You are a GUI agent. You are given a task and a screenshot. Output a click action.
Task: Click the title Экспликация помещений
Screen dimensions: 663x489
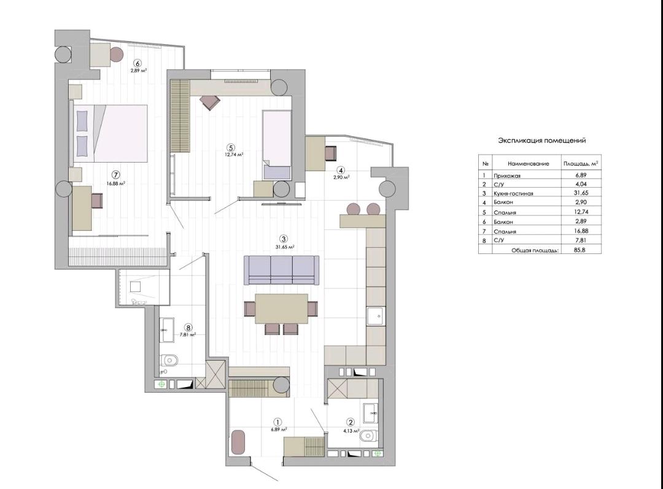[541, 141]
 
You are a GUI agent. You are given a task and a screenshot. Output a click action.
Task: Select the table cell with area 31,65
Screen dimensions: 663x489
[582, 193]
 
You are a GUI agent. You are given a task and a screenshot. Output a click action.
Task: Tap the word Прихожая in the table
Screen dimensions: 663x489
[507, 175]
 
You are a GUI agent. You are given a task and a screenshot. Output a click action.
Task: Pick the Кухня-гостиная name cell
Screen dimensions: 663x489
[513, 193]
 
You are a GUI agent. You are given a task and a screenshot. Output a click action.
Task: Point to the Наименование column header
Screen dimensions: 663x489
[529, 164]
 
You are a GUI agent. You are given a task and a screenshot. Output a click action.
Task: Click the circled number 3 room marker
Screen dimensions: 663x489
[284, 239]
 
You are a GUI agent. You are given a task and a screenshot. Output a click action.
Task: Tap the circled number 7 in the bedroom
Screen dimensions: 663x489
[117, 174]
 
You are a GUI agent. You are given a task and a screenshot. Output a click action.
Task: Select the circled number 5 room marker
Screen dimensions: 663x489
[230, 147]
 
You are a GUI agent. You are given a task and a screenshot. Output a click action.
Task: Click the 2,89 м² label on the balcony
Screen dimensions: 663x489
[139, 71]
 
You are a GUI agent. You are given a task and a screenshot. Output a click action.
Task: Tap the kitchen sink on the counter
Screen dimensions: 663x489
[376, 316]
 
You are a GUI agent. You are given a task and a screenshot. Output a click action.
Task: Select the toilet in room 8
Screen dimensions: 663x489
[169, 360]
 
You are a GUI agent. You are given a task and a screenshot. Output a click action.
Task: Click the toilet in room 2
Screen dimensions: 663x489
[369, 436]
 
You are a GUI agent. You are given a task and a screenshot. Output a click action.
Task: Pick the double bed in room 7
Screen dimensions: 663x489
[110, 133]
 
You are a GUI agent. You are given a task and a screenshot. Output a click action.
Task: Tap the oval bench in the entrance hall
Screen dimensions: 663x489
[238, 442]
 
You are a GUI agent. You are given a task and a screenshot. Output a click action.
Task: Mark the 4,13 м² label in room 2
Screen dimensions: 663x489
[351, 431]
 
